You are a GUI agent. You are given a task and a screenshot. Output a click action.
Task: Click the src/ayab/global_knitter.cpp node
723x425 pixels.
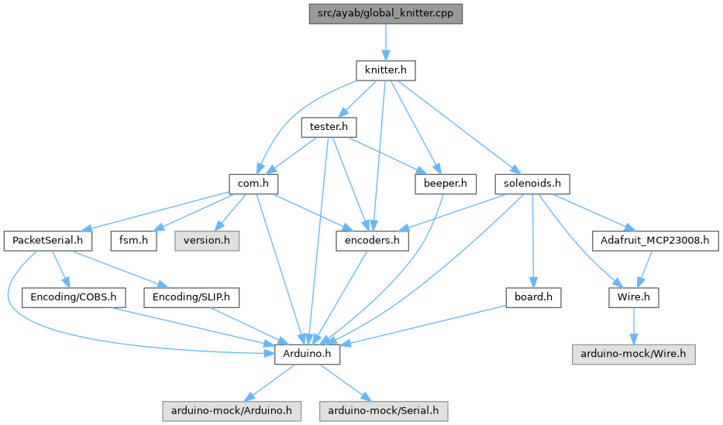385,14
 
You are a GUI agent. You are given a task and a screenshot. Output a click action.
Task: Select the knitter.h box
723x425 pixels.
385,70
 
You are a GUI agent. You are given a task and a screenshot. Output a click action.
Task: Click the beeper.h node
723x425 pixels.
445,184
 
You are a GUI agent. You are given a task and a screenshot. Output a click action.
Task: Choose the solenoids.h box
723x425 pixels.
532,184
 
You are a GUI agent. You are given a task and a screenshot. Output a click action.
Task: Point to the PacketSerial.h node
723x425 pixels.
48,241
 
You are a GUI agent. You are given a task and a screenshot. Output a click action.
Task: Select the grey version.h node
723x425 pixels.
205,241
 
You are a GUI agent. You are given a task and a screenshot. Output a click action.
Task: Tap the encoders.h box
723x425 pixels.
372,241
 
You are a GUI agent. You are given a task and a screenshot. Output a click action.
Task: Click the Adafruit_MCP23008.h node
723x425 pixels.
656,241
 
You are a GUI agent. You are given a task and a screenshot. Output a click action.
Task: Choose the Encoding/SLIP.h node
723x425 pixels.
191,297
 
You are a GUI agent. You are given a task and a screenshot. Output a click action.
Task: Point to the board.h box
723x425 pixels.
532,297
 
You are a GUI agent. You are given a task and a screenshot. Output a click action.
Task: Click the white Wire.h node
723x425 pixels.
633,297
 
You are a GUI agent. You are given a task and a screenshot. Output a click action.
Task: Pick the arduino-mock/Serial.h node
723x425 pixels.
384,410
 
